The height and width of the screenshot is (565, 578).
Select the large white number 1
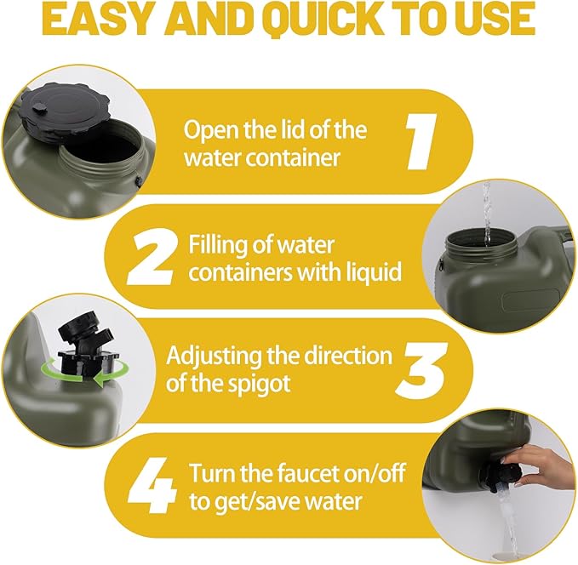click(421, 141)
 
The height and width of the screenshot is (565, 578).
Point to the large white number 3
click(422, 370)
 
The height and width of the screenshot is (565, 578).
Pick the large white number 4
click(152, 485)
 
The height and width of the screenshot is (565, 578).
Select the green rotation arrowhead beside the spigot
click(98, 379)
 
